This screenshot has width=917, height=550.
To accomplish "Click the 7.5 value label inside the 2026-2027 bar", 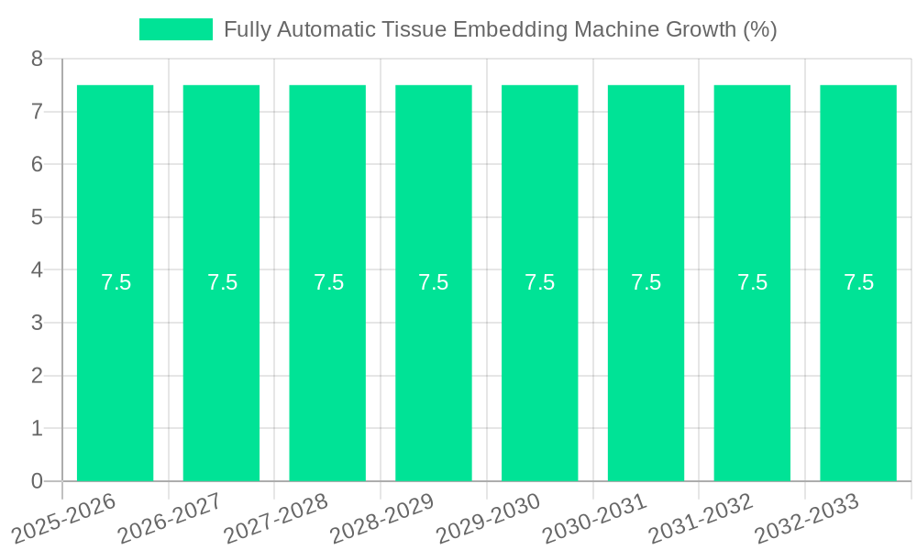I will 222,282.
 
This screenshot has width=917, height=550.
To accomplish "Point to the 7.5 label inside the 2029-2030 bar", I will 540,282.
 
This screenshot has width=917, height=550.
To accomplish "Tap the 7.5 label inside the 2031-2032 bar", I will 752,282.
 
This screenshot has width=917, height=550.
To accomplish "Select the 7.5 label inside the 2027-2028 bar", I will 328,282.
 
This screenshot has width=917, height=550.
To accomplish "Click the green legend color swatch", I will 175,29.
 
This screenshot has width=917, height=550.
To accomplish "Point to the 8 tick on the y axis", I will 37,59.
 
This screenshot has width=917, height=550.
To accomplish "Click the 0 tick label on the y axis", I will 37,481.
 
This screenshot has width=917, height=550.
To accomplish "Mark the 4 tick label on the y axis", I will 37,270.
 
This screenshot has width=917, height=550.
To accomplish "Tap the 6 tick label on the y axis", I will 37,165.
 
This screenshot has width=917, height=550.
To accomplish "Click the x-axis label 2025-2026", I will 65,518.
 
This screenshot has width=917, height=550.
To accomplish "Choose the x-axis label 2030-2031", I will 595,518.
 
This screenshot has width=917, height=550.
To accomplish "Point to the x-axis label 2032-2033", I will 807,518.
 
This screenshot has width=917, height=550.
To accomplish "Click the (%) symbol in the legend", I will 760,29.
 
